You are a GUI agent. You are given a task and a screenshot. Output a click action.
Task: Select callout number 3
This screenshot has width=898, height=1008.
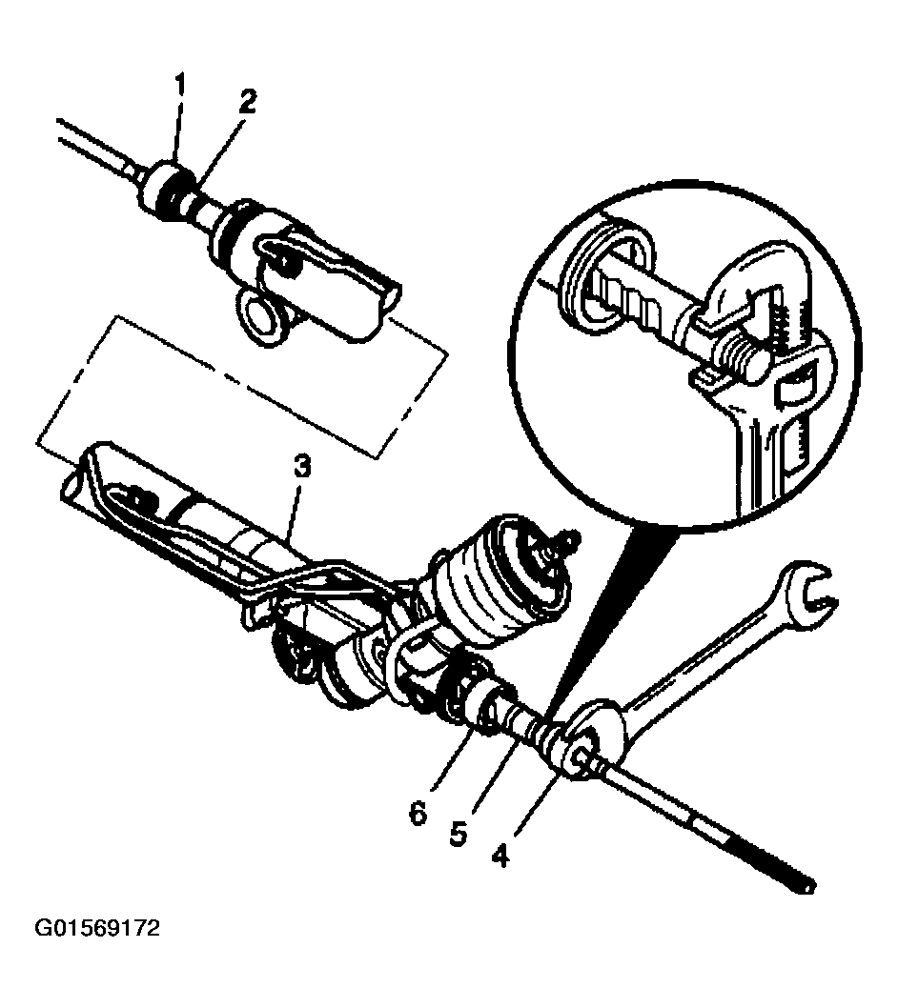[x=302, y=468]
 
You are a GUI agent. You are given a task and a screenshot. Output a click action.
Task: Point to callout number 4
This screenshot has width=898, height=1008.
[x=500, y=855]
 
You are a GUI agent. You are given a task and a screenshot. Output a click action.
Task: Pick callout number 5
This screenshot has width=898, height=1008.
[x=458, y=834]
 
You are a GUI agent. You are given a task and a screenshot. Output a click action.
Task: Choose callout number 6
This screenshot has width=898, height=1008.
[x=418, y=815]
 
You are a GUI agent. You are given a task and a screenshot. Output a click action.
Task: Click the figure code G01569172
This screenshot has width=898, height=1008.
[x=96, y=928]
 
